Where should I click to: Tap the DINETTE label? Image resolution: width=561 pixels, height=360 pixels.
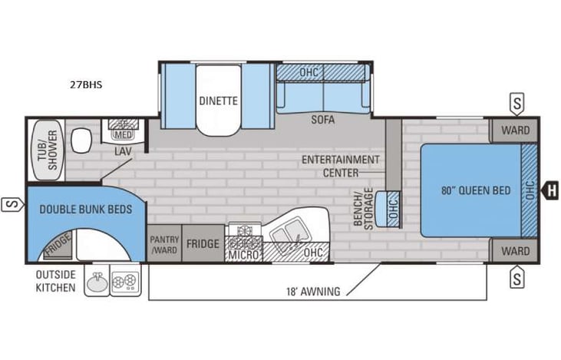[x=218, y=101]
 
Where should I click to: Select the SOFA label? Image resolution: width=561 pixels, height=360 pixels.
[x=323, y=120]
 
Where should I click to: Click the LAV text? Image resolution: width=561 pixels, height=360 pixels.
[x=123, y=151]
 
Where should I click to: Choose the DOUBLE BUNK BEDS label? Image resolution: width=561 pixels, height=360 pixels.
[x=85, y=209]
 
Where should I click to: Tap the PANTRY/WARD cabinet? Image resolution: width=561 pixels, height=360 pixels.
[x=164, y=244]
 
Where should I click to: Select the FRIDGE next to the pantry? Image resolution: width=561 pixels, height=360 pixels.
[x=203, y=244]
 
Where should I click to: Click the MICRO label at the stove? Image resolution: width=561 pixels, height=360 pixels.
[x=244, y=254]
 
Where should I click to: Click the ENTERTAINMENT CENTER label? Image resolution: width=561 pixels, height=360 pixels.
[x=340, y=165]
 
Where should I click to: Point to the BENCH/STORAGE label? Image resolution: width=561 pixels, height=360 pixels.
[x=362, y=207]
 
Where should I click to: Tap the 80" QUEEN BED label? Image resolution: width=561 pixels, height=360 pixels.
[x=476, y=191]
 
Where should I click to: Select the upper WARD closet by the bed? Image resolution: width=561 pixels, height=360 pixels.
[x=515, y=130]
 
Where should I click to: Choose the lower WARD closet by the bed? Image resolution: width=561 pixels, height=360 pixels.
[x=515, y=250]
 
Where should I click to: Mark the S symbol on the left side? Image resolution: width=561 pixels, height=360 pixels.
[x=10, y=204]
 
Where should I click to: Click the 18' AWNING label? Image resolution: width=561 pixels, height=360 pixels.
[x=314, y=291]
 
